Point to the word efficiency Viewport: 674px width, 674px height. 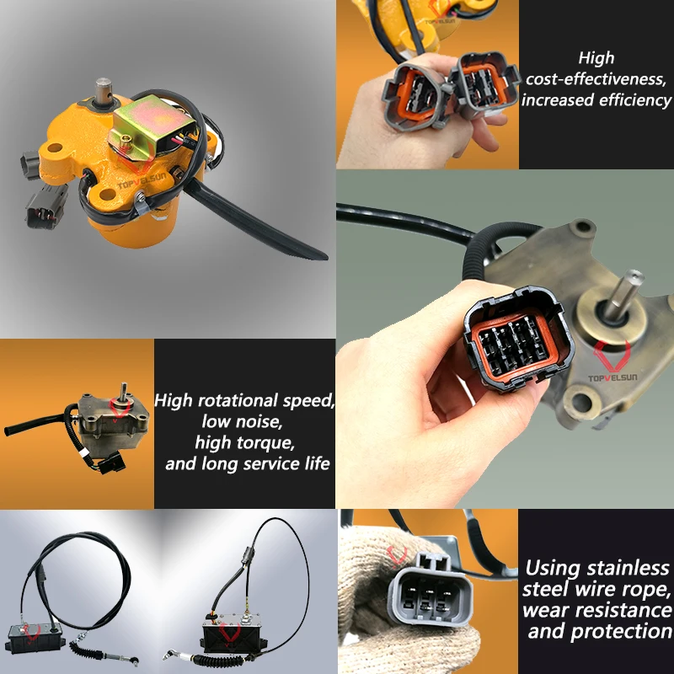point(633,99)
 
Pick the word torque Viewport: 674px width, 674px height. point(272,441)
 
